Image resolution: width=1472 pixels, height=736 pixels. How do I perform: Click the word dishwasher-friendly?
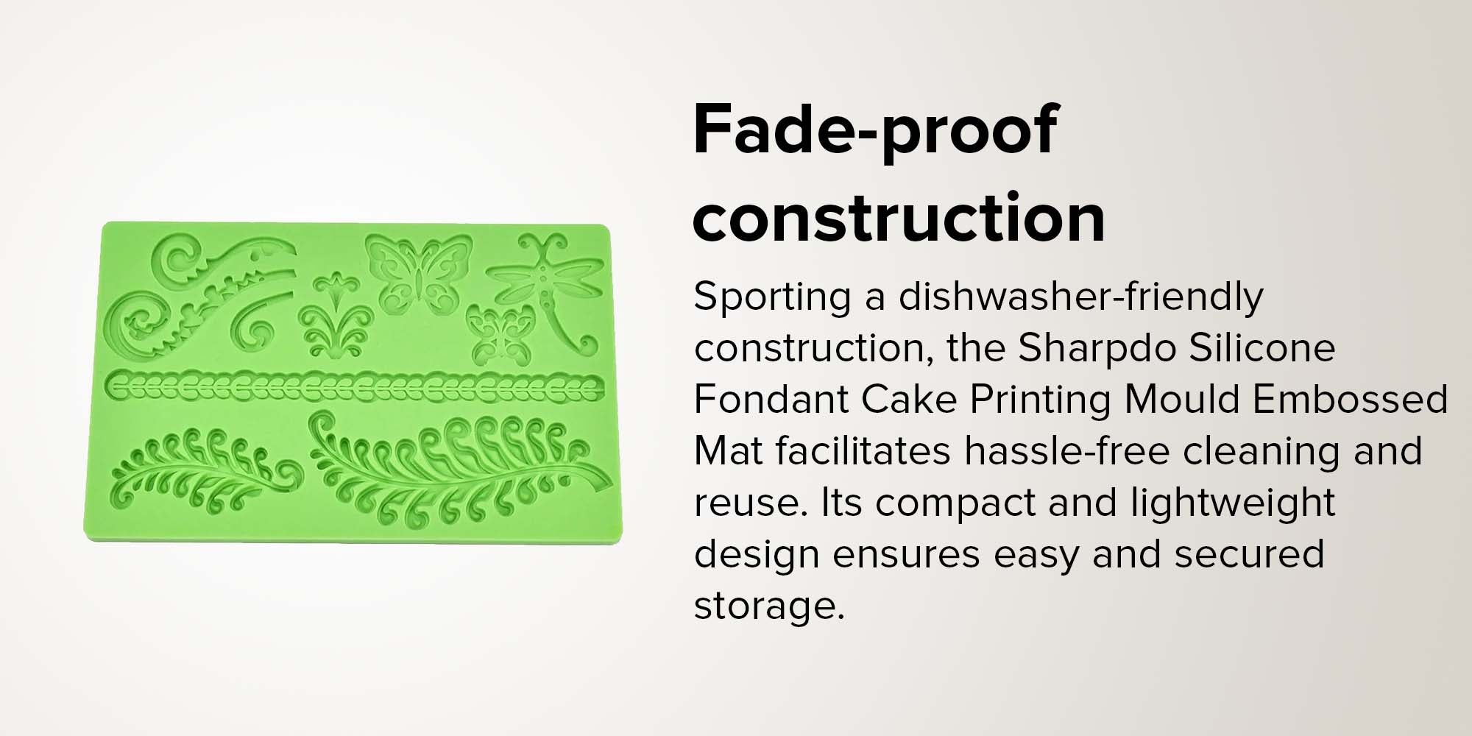(1080, 296)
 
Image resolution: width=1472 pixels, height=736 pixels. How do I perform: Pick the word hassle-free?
(1067, 450)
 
